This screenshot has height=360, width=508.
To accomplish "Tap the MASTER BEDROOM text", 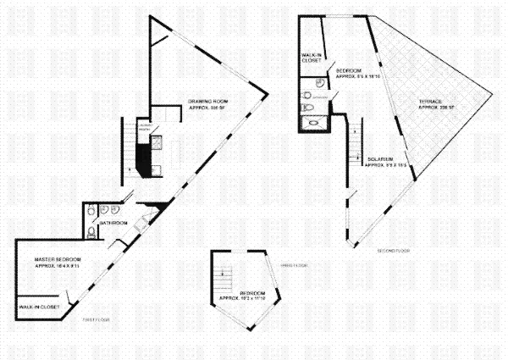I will click(58, 258).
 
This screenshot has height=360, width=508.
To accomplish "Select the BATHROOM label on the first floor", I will click(113, 223).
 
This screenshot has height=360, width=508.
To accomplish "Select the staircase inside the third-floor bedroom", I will click(224, 272).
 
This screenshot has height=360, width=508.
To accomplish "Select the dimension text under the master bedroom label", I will click(58, 266).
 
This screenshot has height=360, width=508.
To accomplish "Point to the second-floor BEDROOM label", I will click(349, 69).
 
